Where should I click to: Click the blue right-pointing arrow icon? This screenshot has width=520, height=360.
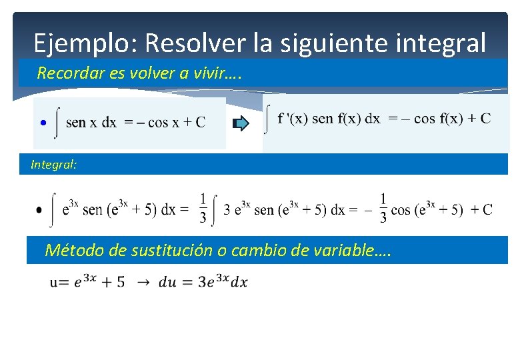click(241, 123)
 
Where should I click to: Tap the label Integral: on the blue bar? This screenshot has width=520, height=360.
click(54, 165)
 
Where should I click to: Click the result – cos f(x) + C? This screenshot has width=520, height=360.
click(439, 119)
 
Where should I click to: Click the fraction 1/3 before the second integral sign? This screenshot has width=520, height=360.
click(203, 208)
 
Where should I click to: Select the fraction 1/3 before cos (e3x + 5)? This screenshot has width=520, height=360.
click(383, 208)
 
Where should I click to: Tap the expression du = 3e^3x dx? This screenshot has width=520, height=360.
click(203, 282)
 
